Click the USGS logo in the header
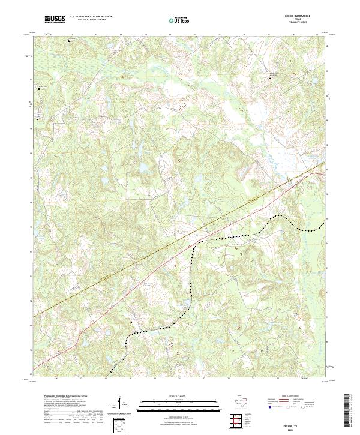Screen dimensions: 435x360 55,20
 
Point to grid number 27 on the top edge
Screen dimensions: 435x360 317,35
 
